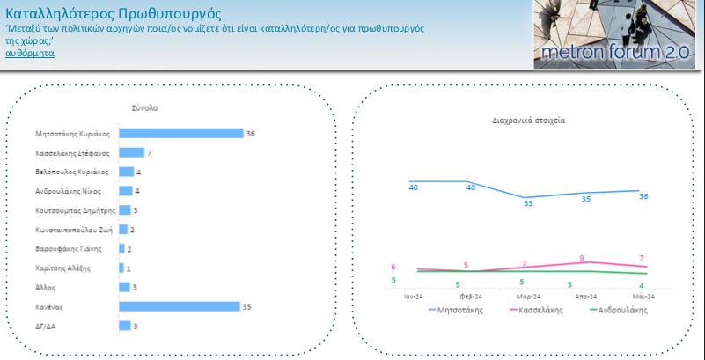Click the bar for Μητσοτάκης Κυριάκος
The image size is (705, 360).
[x=181, y=134]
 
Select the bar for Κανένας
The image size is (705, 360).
[x=180, y=306]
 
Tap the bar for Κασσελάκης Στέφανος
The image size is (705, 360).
[x=132, y=153]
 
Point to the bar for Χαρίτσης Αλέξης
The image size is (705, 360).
[x=121, y=268]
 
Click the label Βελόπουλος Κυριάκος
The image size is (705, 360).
[x=71, y=173]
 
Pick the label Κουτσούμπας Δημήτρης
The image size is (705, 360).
[x=76, y=210]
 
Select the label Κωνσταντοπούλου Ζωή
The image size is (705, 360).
[x=74, y=230]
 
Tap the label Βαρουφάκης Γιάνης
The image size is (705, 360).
[x=69, y=248]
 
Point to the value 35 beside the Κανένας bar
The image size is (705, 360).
[x=246, y=307]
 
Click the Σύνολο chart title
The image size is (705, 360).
[x=144, y=108]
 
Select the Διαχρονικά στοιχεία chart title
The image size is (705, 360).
[x=529, y=121]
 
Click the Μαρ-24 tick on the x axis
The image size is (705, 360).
[x=529, y=297]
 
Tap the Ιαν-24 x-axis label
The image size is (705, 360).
[x=413, y=297]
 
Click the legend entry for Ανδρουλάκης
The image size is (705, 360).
[x=618, y=310]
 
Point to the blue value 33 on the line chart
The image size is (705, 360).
[x=528, y=203]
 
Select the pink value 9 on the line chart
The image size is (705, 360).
[x=582, y=259]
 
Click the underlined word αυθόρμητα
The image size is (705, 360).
[x=30, y=54]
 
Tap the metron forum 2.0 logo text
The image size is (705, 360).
[x=614, y=52]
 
